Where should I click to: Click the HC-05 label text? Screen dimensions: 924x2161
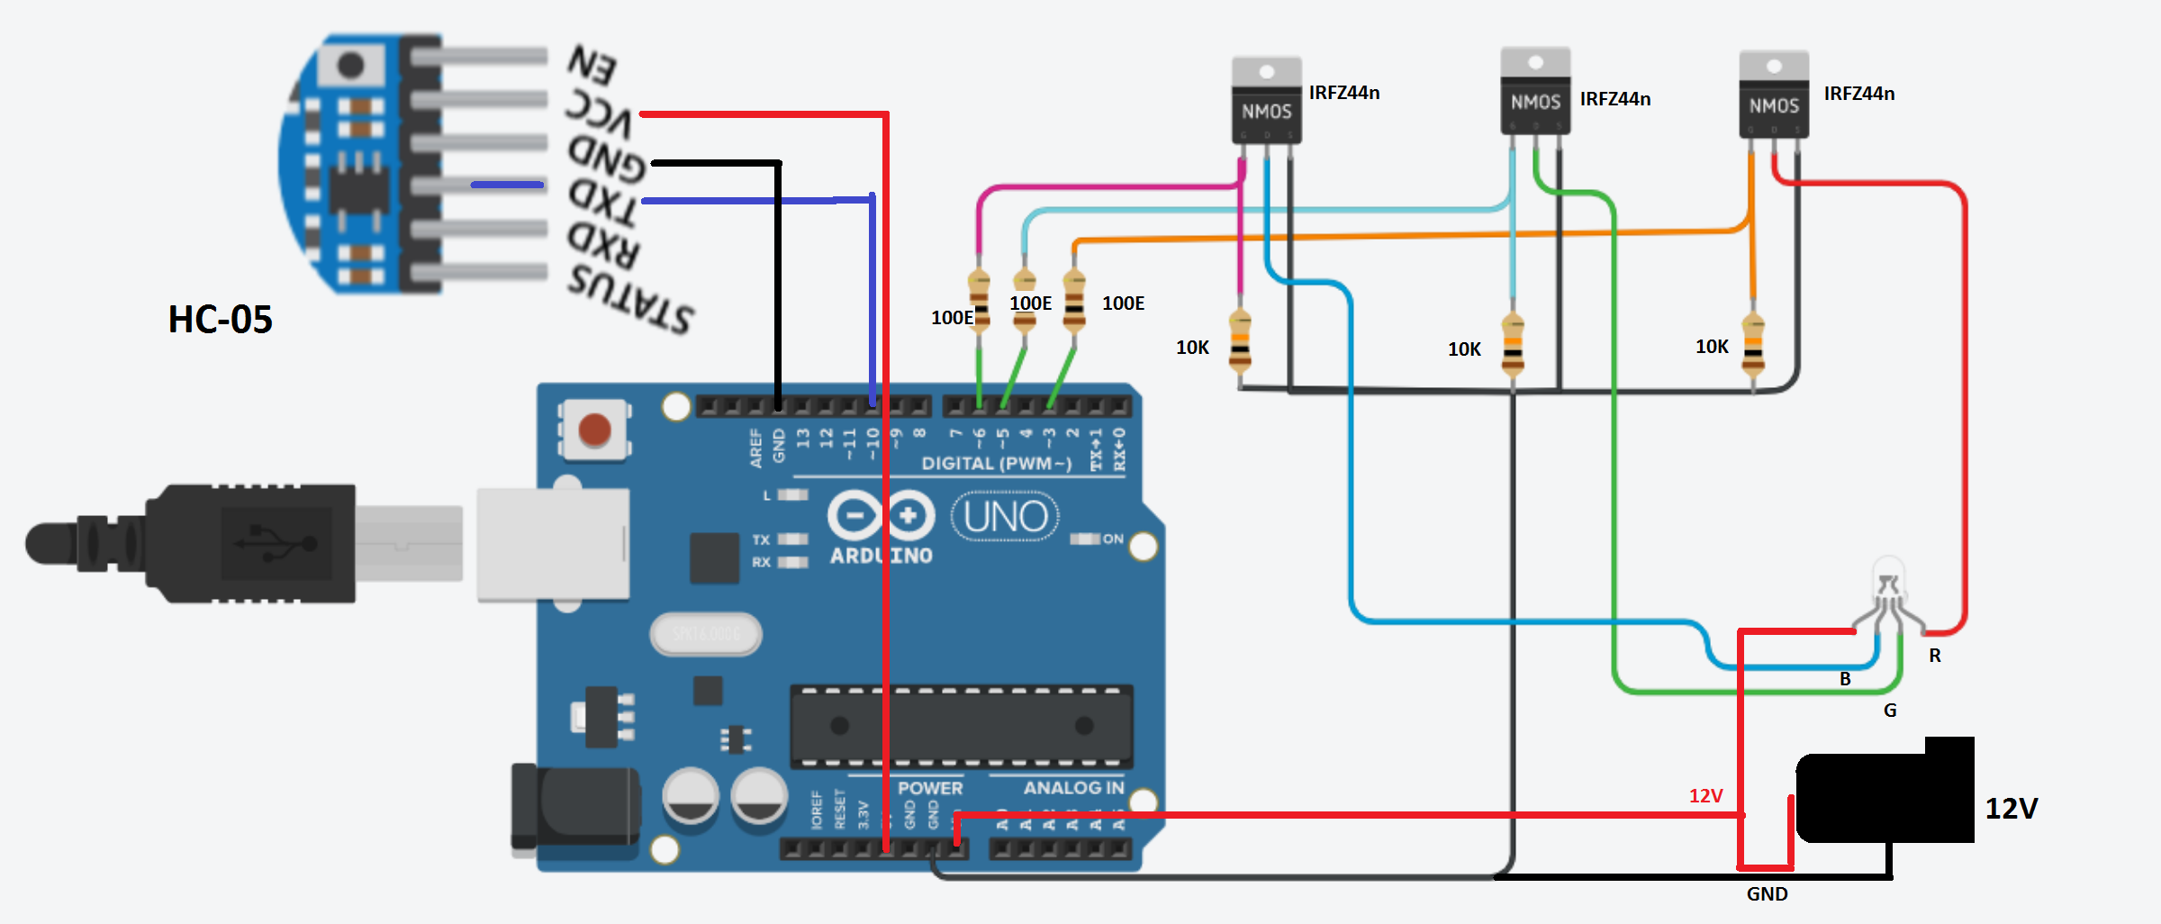pyautogui.click(x=220, y=320)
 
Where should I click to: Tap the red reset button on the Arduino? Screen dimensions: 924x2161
pyautogui.click(x=594, y=430)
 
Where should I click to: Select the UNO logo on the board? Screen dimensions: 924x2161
pyautogui.click(x=1005, y=516)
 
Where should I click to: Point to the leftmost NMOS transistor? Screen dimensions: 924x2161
pyautogui.click(x=1266, y=101)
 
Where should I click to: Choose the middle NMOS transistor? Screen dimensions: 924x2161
pyautogui.click(x=1535, y=92)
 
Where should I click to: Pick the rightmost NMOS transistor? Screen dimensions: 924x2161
pyautogui.click(x=1774, y=95)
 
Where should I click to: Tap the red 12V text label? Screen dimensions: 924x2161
pyautogui.click(x=1705, y=796)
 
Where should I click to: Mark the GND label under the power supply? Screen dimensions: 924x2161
pyautogui.click(x=1767, y=894)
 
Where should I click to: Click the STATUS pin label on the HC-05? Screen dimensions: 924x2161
pyautogui.click(x=630, y=296)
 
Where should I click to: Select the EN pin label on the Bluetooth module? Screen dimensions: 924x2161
pyautogui.click(x=592, y=64)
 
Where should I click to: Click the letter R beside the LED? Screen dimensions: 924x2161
pyautogui.click(x=1935, y=656)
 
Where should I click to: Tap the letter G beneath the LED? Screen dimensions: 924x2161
pyautogui.click(x=1890, y=711)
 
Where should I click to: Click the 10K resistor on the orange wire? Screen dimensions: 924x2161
pyautogui.click(x=1752, y=343)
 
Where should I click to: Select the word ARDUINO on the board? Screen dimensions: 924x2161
pyautogui.click(x=881, y=556)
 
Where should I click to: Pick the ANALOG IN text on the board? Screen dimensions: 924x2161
pyautogui.click(x=1073, y=788)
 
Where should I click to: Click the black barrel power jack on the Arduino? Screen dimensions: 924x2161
pyautogui.click(x=576, y=806)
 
